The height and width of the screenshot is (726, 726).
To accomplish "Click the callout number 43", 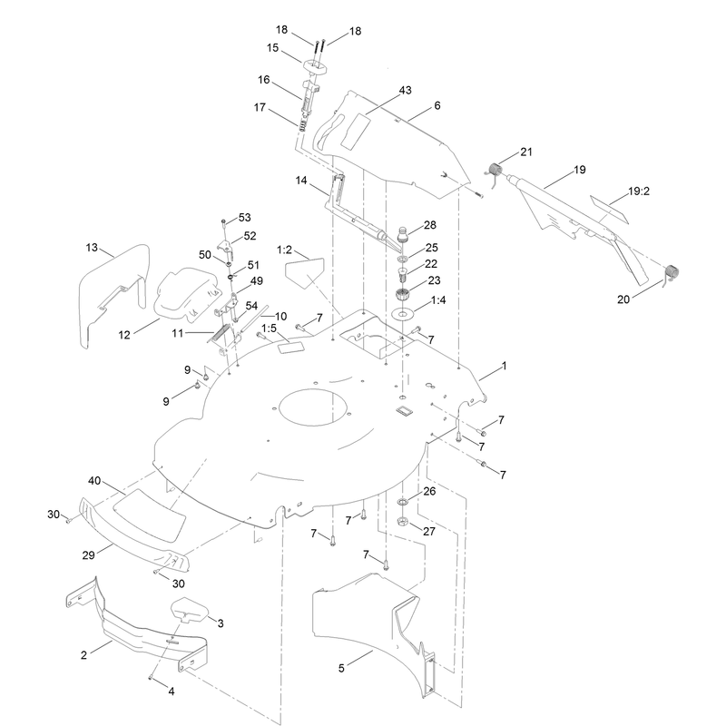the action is pyautogui.click(x=405, y=90).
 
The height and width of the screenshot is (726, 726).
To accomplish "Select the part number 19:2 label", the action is pyautogui.click(x=639, y=191).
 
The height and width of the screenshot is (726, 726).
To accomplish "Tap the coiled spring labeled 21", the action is pyautogui.click(x=495, y=170).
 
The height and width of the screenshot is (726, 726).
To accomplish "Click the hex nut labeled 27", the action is pyautogui.click(x=402, y=523).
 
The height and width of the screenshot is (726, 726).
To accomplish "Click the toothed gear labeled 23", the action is pyautogui.click(x=402, y=294).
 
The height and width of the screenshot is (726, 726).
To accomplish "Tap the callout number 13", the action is pyautogui.click(x=92, y=248).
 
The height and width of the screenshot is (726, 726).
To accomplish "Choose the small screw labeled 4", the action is pyautogui.click(x=150, y=677).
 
